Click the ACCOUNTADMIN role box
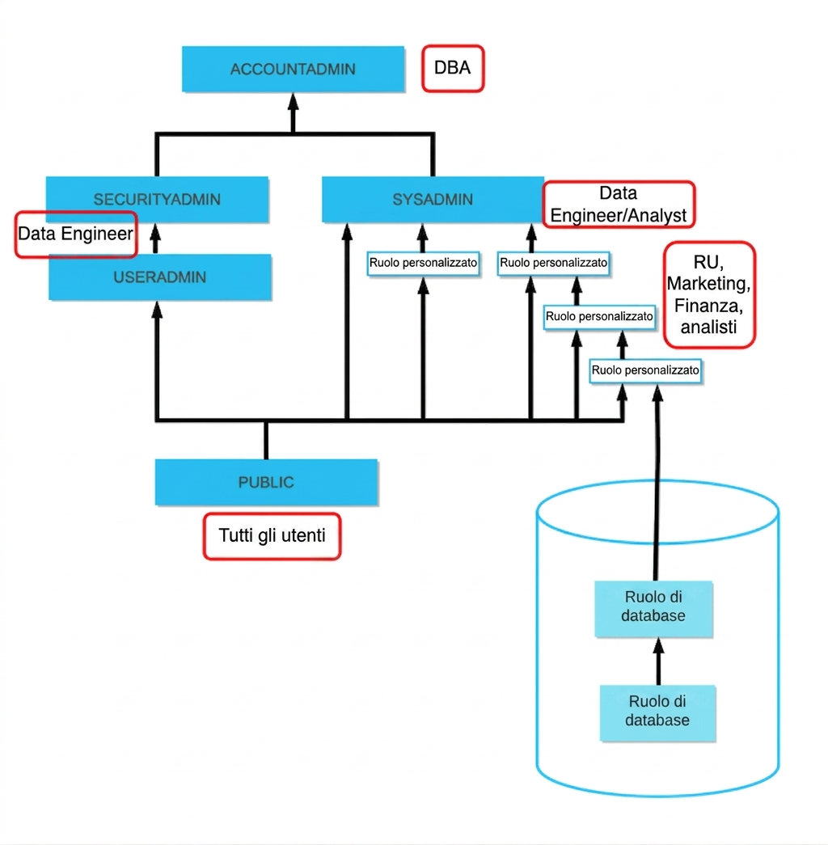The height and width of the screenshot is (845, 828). click(294, 69)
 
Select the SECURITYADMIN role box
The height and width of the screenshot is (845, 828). click(158, 200)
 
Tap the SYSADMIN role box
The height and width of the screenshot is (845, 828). click(433, 200)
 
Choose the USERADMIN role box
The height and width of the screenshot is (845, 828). click(160, 277)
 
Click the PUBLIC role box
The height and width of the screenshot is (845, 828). click(266, 482)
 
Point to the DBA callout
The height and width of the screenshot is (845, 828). click(453, 69)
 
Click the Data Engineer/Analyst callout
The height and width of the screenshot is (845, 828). click(619, 205)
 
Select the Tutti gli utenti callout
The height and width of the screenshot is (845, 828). click(272, 536)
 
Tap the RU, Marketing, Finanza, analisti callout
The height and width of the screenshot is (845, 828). click(709, 295)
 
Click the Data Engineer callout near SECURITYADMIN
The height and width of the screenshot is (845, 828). click(76, 234)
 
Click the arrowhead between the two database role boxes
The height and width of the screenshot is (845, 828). click(658, 647)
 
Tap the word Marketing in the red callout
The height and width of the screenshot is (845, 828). click(709, 284)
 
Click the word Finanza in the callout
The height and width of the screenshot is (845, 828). click(709, 306)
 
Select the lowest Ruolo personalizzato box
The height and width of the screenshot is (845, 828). click(646, 371)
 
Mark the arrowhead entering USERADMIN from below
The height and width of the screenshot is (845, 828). click(157, 310)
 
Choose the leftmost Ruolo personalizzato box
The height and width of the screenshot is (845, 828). click(423, 264)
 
